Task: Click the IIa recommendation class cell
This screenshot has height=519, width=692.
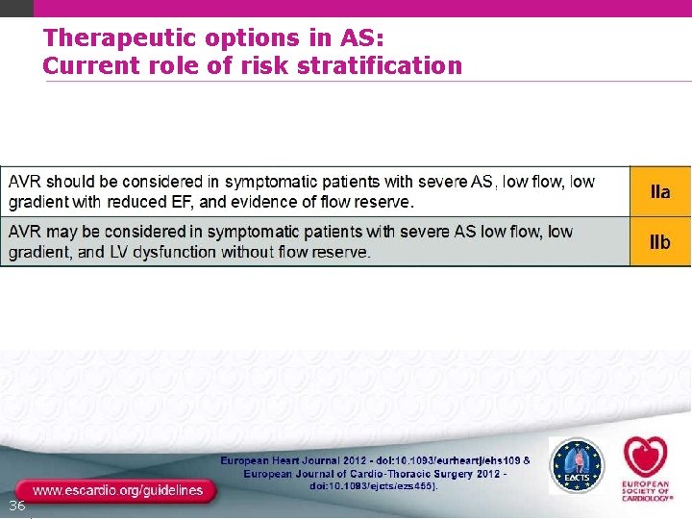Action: pos(659,192)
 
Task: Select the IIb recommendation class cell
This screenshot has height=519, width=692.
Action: pos(659,242)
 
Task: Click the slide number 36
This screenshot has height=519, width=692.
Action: pos(16,506)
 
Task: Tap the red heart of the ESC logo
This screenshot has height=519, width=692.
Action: pos(643,455)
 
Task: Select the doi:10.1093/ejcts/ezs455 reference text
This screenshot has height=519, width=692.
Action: pos(373,487)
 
